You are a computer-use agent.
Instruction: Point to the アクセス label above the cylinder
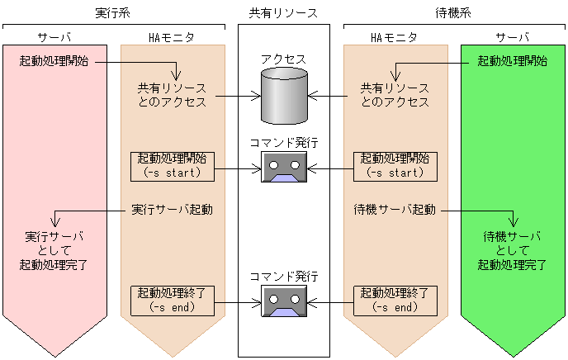tap(284, 59)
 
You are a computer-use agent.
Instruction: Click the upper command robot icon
tap(284, 168)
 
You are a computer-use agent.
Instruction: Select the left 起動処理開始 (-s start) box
tap(173, 165)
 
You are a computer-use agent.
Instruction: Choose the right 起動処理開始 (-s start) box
tap(395, 165)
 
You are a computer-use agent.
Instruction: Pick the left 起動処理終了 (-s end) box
tap(173, 299)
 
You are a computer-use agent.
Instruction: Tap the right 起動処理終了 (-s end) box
tap(395, 299)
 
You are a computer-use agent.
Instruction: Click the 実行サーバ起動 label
tap(173, 209)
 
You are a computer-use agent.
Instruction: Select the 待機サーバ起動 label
tap(394, 209)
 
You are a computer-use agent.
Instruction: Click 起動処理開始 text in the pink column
tap(54, 62)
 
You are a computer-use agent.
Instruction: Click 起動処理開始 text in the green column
tap(513, 62)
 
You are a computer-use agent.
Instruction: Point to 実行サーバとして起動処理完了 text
tap(54, 251)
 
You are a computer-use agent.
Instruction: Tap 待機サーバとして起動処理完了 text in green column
tap(513, 251)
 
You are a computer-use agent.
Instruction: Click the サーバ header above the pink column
tap(54, 38)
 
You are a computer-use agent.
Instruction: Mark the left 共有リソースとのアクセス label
tap(172, 95)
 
